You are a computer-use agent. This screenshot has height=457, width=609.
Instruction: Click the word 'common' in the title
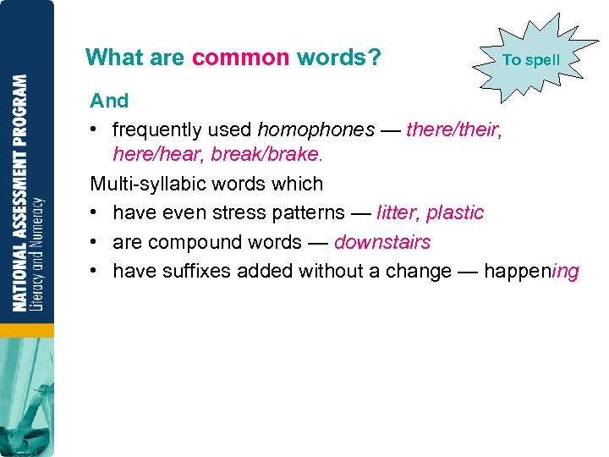pos(240,58)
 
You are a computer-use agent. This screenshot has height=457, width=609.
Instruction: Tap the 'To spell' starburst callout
pos(530,60)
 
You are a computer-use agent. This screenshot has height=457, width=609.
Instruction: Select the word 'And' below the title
pos(109,101)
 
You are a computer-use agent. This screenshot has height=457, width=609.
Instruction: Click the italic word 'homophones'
pos(315,129)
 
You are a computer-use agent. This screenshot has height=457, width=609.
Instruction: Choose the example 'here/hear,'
pos(158,155)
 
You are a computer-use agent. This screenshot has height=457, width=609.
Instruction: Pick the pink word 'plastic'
pos(455,212)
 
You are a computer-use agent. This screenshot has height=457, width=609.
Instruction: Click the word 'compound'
pos(187,242)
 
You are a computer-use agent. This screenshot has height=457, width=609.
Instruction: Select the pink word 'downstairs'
pos(382,242)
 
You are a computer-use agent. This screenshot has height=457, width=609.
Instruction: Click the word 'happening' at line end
pos(531,271)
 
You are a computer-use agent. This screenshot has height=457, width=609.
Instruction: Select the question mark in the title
pos(375,58)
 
